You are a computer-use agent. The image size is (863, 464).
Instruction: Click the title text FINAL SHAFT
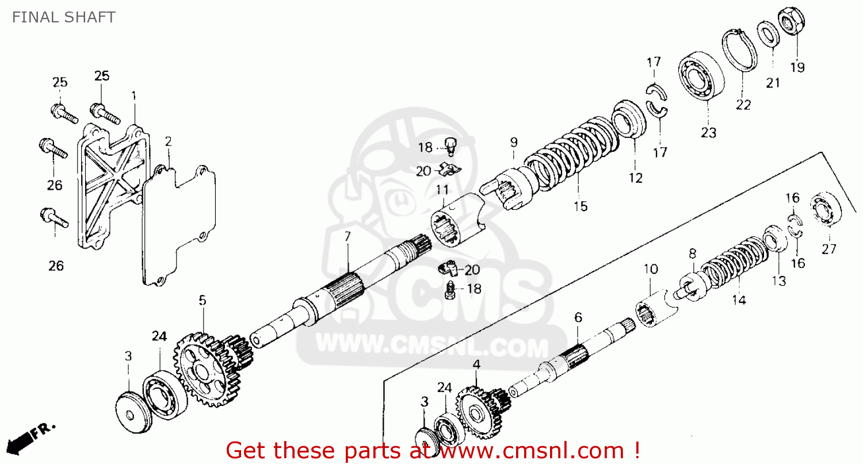63,17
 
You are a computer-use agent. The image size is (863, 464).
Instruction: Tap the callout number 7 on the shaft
347,236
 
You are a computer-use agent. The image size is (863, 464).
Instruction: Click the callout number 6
578,317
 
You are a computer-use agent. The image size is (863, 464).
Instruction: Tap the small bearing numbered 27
826,210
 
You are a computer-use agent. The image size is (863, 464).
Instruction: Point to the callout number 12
635,178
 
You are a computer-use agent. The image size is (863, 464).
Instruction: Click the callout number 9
513,141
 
